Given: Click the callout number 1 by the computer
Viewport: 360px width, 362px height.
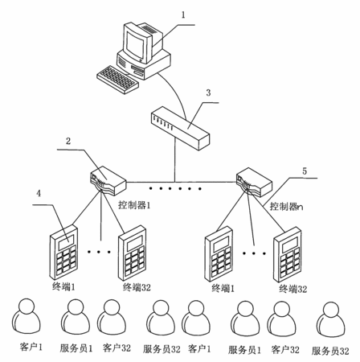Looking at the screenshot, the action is [x=183, y=14].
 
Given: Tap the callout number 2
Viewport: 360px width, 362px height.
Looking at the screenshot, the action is [x=68, y=141].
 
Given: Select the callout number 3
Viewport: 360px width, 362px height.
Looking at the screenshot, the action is [x=208, y=93].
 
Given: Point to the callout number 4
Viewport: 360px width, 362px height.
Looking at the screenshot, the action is [x=39, y=193].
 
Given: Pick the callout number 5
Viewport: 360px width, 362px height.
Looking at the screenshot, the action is [x=305, y=171].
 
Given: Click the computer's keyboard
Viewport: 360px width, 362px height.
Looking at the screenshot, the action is [x=118, y=80].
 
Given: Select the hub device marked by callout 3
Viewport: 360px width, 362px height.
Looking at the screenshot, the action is [x=180, y=128].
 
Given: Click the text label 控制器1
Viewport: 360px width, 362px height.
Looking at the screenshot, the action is [x=134, y=205].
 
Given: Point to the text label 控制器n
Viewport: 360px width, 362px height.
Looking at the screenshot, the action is [x=286, y=207].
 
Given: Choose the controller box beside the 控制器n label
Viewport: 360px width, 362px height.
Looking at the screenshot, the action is [x=254, y=183].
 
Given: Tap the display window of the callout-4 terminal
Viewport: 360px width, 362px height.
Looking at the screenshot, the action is [x=66, y=241].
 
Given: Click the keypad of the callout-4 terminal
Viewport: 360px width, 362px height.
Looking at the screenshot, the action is [x=66, y=261].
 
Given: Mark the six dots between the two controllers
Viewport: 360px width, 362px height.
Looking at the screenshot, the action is [x=175, y=189].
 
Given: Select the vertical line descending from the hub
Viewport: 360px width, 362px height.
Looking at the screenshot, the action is [x=175, y=159].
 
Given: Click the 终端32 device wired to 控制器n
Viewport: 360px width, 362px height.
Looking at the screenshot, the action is [x=288, y=254].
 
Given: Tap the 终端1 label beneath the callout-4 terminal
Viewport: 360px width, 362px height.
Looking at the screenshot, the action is [x=63, y=287].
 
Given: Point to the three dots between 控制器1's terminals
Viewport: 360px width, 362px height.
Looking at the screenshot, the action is [x=99, y=252].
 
